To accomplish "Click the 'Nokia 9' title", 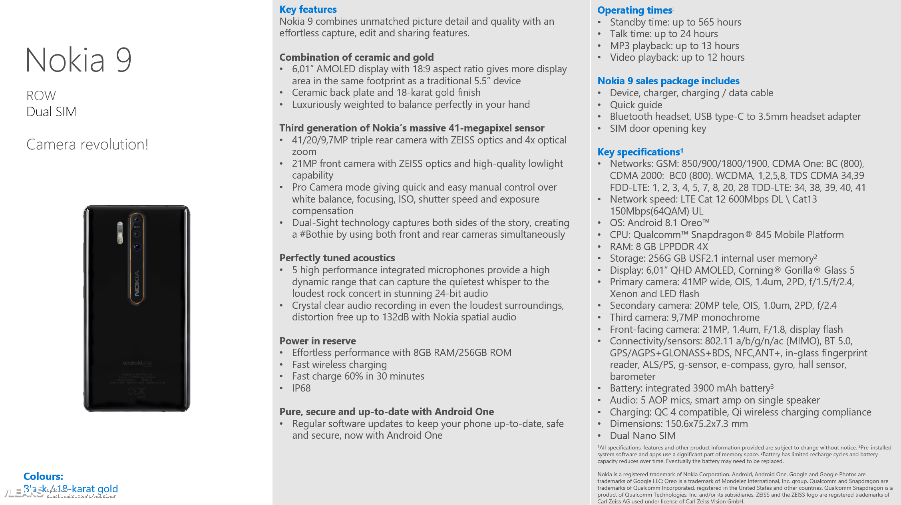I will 78,60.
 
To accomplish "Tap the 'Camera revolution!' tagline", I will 87,144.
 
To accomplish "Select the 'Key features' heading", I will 308,9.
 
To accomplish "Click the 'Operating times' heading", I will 634,10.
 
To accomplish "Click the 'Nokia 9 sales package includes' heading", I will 668,81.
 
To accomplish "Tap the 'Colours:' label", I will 43,476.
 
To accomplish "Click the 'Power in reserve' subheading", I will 317,341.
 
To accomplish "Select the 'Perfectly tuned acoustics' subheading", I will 337,258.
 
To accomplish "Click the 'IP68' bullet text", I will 301,388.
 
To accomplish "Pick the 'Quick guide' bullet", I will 636,105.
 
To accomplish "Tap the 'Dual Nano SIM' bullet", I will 642,435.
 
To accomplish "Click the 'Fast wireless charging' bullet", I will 339,364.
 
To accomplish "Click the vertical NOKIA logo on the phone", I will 137,283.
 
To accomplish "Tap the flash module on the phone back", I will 120,233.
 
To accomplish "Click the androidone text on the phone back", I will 137,363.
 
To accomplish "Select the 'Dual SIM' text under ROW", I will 51,111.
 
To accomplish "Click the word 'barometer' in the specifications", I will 632,376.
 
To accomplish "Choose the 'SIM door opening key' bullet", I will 658,128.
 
